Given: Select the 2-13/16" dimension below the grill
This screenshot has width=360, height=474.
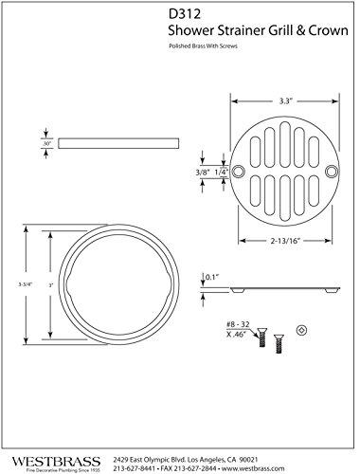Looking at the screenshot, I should (283, 243).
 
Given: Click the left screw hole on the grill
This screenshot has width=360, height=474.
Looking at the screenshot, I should (241, 172).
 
